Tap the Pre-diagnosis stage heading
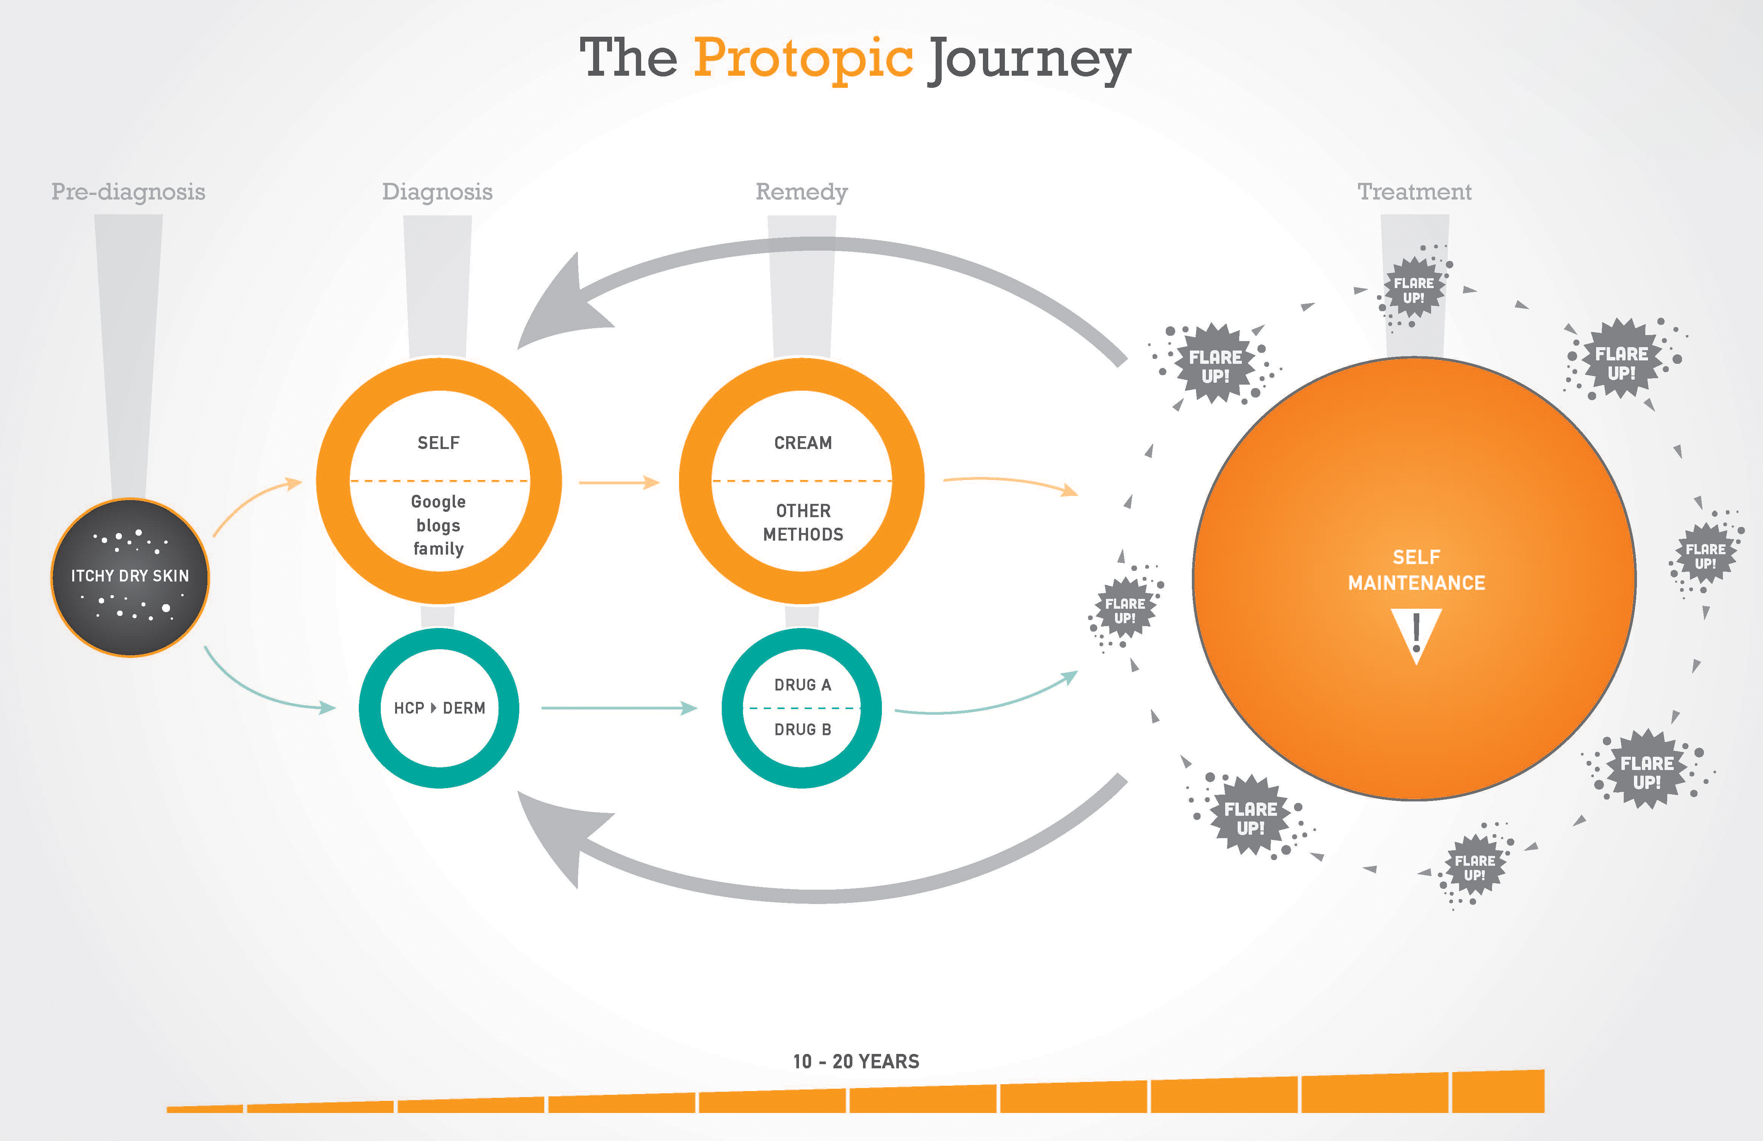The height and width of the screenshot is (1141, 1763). click(x=128, y=192)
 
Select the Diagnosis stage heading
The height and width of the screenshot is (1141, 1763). click(x=437, y=192)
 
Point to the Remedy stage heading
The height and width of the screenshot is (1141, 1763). click(x=802, y=192)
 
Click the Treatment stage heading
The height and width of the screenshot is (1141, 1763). click(x=1414, y=192)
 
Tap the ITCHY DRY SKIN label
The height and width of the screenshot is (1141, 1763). click(x=129, y=576)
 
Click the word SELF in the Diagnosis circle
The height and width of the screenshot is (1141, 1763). click(x=439, y=443)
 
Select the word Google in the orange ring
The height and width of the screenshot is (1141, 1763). click(x=439, y=502)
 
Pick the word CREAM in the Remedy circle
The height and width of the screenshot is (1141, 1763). click(x=803, y=443)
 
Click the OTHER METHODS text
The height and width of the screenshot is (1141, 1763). click(x=803, y=522)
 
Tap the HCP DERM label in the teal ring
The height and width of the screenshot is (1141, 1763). click(x=439, y=708)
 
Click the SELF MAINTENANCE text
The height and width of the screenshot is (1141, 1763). click(x=1416, y=570)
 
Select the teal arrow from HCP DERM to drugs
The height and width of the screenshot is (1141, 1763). click(x=618, y=708)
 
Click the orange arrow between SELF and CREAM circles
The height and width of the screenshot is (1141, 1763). click(x=618, y=482)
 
